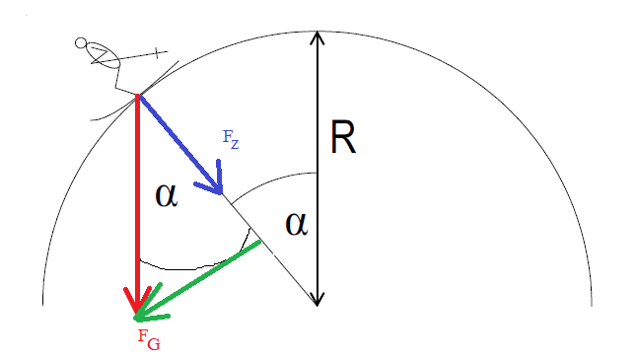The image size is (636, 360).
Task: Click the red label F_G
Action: [x=149, y=339]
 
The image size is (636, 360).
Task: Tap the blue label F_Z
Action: [x=231, y=140]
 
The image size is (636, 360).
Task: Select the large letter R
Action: [x=343, y=137]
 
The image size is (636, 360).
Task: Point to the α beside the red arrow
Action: [x=167, y=196]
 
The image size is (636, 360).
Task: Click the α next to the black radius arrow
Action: [x=297, y=225]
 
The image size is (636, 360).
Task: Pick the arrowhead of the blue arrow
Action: [x=215, y=183]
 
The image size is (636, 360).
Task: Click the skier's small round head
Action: [x=81, y=42]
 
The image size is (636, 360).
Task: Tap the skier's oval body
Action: [x=103, y=55]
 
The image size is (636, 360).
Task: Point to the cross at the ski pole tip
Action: [x=158, y=52]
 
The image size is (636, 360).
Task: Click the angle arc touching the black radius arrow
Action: [x=272, y=181]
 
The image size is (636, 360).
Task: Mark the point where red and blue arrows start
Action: [x=138, y=96]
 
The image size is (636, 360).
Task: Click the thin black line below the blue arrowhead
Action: [x=270, y=250]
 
